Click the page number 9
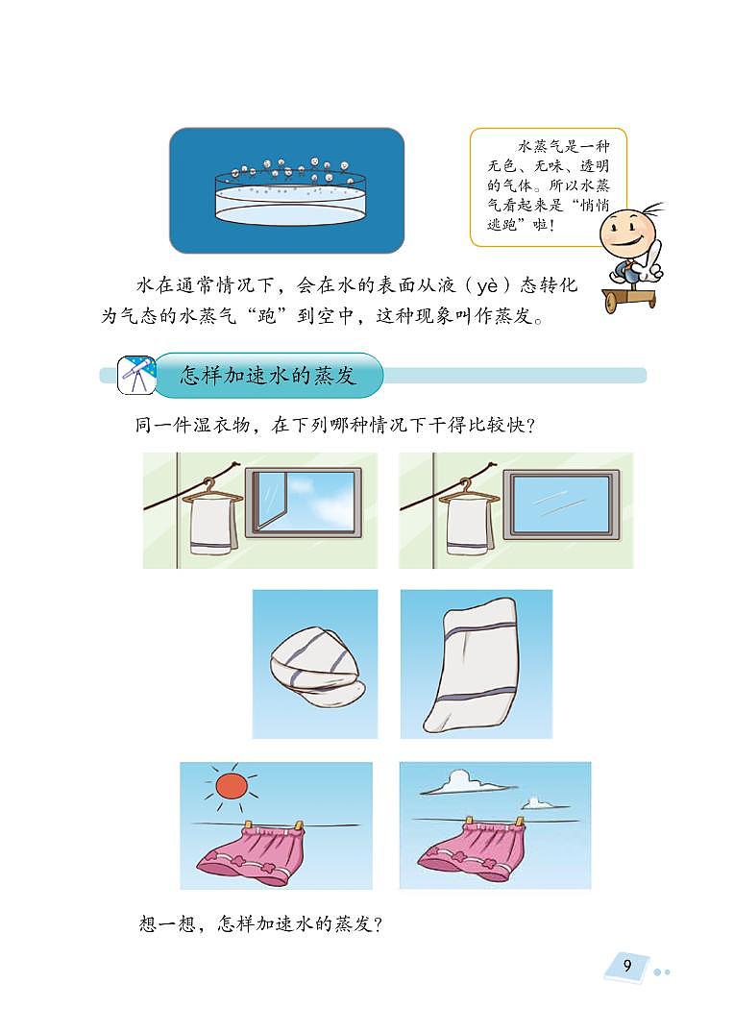click(626, 965)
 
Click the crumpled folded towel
click(313, 667)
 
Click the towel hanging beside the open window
click(211, 525)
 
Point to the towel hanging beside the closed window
click(469, 525)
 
